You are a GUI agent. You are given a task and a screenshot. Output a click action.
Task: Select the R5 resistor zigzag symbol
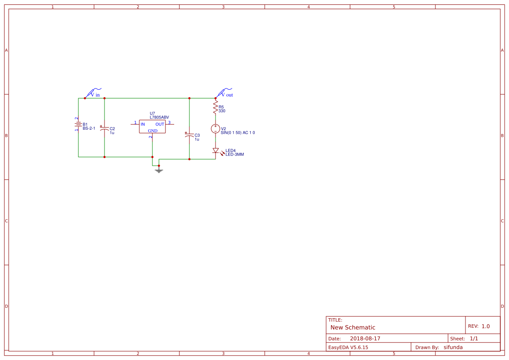(215, 107)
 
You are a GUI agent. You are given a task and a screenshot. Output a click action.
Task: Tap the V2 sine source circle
(215, 129)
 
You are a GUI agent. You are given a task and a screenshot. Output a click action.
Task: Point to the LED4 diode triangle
(216, 151)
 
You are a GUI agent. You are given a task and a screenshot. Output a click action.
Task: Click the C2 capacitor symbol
(104, 128)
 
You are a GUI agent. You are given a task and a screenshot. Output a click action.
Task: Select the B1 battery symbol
(78, 124)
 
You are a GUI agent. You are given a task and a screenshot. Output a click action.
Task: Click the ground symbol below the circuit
(159, 171)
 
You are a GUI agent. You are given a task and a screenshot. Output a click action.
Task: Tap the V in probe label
(95, 95)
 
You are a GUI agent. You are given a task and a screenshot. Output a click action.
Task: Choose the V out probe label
(227, 95)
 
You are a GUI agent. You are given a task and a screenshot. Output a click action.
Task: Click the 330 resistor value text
(222, 111)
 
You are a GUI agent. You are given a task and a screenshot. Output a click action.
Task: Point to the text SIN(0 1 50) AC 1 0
(238, 133)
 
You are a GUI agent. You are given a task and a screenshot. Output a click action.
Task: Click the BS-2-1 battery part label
(89, 128)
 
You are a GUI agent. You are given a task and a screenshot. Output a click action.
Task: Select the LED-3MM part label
(235, 155)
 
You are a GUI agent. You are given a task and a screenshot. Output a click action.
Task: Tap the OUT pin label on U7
(160, 124)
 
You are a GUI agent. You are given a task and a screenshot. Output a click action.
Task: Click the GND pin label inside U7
(152, 131)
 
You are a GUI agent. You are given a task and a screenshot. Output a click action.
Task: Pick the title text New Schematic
(353, 327)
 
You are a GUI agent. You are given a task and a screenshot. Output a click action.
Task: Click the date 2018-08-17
(365, 339)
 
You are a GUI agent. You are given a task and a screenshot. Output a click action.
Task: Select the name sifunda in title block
(453, 347)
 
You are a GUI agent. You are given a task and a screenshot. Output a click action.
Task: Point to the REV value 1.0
(485, 326)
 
